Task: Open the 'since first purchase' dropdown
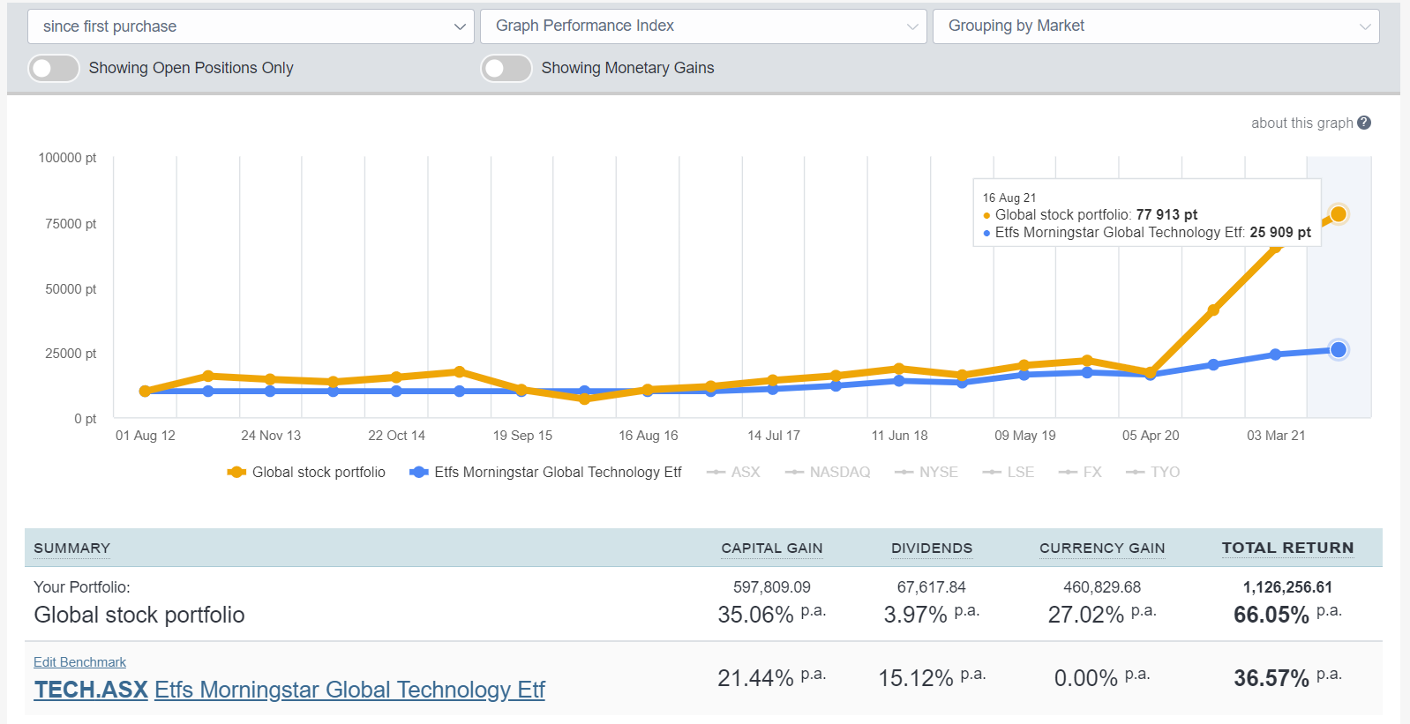click(x=251, y=26)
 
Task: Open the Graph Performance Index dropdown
click(x=702, y=26)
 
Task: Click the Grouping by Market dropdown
click(x=1155, y=26)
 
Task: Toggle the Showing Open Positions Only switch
click(x=54, y=68)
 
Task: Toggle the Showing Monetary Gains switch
click(x=506, y=68)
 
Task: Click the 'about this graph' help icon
click(x=1364, y=123)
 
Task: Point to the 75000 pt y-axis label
click(x=71, y=224)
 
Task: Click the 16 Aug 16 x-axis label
click(x=648, y=436)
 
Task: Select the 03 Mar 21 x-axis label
click(x=1275, y=436)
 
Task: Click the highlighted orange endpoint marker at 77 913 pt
click(x=1338, y=214)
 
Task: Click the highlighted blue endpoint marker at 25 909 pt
click(x=1338, y=350)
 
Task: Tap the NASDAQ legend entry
click(x=838, y=472)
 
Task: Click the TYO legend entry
click(x=1164, y=472)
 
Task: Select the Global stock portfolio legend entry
click(x=318, y=472)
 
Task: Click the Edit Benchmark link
click(x=79, y=662)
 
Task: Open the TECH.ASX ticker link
click(x=91, y=690)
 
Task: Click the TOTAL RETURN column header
click(x=1287, y=548)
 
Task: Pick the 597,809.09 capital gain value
click(x=771, y=587)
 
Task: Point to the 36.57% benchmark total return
click(x=1271, y=678)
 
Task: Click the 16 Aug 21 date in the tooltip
click(x=1009, y=198)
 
